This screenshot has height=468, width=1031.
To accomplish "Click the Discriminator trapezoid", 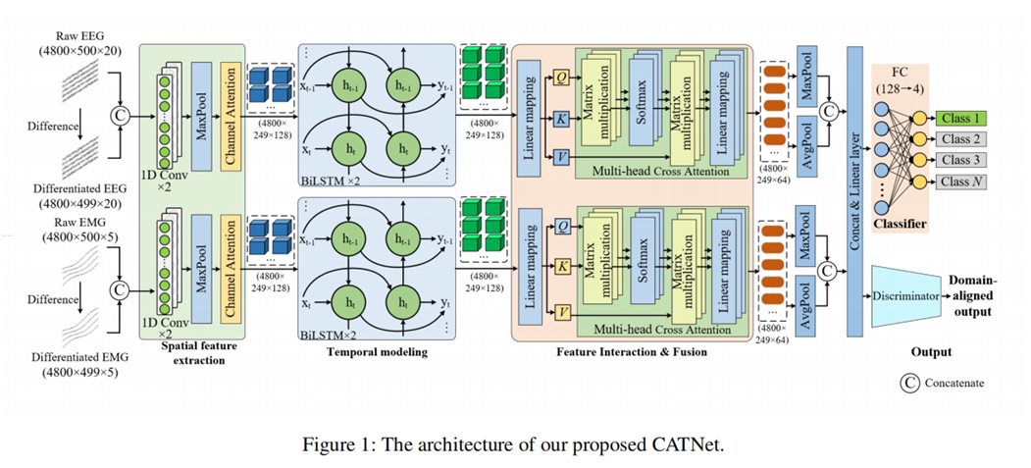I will click(x=905, y=294).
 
